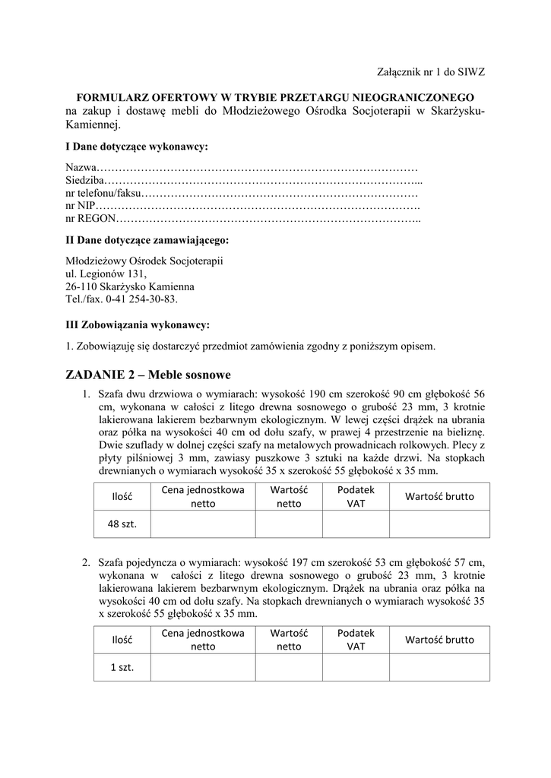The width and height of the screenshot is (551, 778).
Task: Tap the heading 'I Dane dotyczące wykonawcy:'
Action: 137,145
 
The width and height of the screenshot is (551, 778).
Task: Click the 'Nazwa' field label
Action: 81,167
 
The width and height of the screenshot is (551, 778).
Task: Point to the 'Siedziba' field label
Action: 84,181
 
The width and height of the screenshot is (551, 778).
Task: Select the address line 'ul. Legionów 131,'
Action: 106,274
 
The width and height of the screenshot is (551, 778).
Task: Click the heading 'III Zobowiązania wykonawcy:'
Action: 138,324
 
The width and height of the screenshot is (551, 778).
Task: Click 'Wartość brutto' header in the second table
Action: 439,640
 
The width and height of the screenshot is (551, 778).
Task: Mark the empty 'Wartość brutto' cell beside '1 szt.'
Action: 439,666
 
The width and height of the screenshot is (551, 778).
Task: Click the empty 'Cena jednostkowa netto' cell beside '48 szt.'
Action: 203,523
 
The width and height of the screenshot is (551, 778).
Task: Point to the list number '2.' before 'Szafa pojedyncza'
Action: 87,562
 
